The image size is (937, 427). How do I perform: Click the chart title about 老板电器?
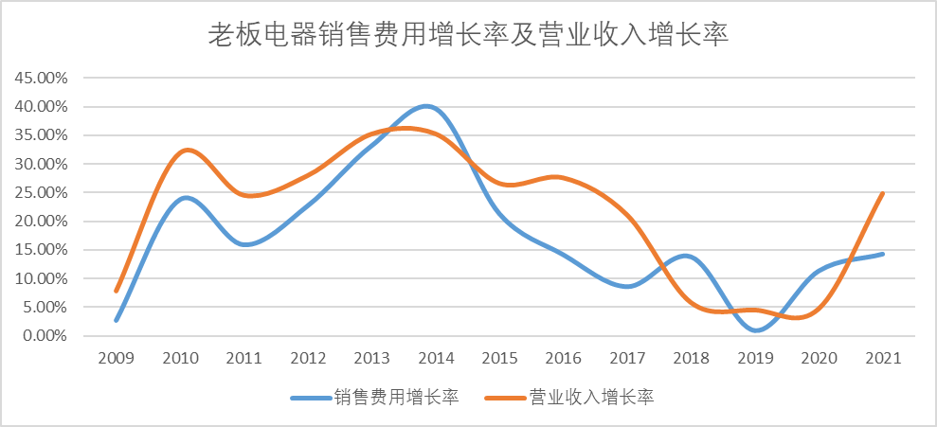tap(468, 36)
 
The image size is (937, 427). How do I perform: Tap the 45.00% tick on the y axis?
tap(41, 78)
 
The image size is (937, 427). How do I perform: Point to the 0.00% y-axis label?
tap(45, 336)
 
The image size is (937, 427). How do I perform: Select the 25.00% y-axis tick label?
tap(41, 192)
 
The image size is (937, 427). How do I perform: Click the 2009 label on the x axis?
tap(116, 359)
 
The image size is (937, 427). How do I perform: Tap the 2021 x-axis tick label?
tap(884, 359)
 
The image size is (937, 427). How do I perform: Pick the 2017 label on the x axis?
tap(626, 359)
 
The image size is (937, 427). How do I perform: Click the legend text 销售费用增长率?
tap(397, 398)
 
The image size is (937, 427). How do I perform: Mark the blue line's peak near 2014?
tap(427, 106)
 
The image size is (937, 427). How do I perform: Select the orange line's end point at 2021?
tap(884, 193)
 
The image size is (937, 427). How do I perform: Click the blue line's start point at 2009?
tap(116, 320)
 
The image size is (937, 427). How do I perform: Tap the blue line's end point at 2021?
tap(884, 254)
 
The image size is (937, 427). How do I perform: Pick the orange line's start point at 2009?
tap(116, 291)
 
